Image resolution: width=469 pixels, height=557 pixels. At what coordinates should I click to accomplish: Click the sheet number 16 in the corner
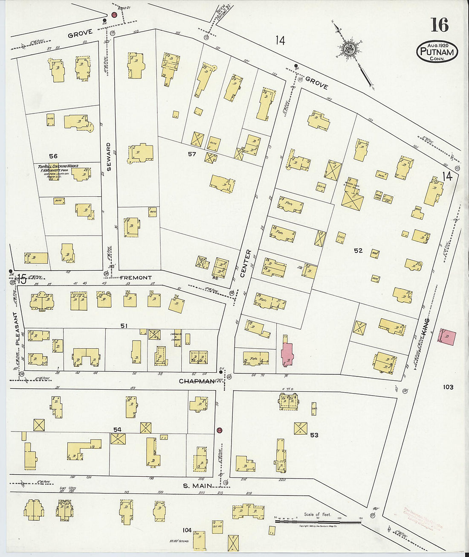[x=440, y=25]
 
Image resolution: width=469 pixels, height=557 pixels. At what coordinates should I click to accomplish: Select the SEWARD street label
[x=109, y=157]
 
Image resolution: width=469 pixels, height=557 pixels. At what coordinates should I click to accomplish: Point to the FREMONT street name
[x=136, y=278]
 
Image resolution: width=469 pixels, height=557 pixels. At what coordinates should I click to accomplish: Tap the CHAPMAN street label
[x=197, y=381]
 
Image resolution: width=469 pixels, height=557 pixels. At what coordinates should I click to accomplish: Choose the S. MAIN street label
[x=197, y=485]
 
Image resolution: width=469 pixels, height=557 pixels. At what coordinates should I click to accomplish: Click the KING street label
[x=425, y=326]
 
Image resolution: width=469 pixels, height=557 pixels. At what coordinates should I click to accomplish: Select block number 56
[x=53, y=156]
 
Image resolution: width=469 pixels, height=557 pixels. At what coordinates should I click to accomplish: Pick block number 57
[x=192, y=154]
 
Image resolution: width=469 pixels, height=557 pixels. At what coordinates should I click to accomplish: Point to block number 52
[x=358, y=251]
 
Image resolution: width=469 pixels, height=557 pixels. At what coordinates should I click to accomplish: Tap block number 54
[x=117, y=429]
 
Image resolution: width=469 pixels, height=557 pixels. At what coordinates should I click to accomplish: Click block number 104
[x=187, y=530]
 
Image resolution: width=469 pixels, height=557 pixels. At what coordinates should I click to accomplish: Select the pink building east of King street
[x=447, y=337]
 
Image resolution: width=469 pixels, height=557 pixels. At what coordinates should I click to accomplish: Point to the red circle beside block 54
[x=220, y=430]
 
